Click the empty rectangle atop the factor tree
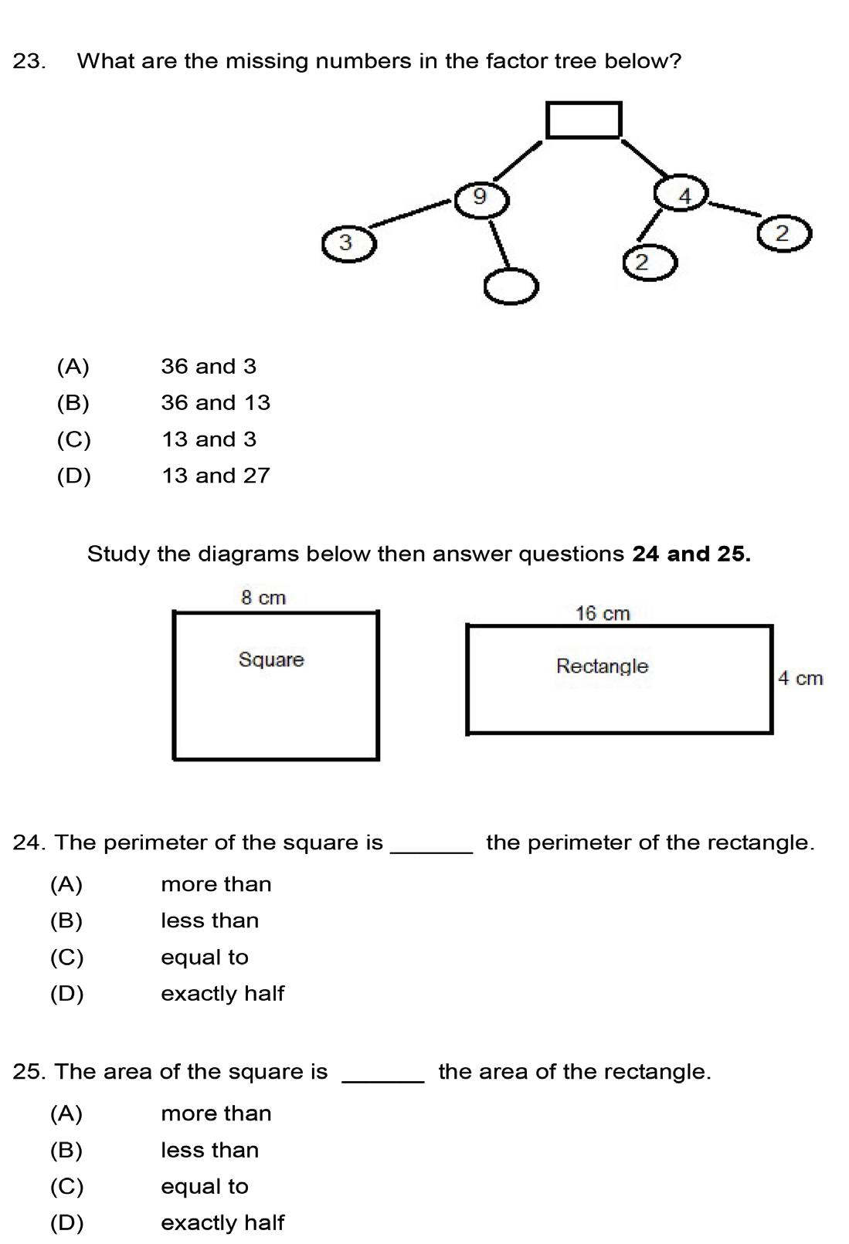(583, 120)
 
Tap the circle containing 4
(682, 194)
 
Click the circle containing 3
(348, 243)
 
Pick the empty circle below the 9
(511, 286)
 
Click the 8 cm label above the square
(263, 598)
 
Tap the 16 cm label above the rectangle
(603, 614)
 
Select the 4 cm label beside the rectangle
(800, 679)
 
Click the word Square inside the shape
(271, 659)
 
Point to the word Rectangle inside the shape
(602, 666)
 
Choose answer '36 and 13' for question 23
(216, 402)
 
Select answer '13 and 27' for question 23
(216, 476)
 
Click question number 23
(29, 61)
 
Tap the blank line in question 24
(433, 851)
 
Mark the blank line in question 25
(383, 1080)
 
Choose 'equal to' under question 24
(205, 958)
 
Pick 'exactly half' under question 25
(222, 1223)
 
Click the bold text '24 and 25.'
(691, 554)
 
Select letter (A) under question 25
(66, 1113)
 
